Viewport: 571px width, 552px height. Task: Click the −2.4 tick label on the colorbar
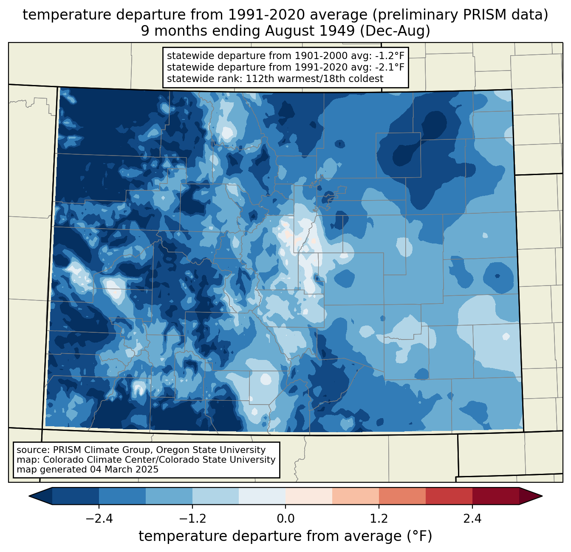pos(99,519)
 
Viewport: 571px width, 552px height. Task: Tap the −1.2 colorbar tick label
pos(192,519)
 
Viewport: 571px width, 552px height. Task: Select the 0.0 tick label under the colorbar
pos(285,519)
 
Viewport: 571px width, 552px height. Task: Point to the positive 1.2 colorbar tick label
pos(379,519)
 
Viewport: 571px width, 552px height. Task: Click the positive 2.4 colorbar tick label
pos(472,519)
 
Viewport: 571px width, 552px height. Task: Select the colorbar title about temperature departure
pos(285,536)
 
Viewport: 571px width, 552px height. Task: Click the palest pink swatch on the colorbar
pos(309,496)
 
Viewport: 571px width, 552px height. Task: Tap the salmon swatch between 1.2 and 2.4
pos(402,496)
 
